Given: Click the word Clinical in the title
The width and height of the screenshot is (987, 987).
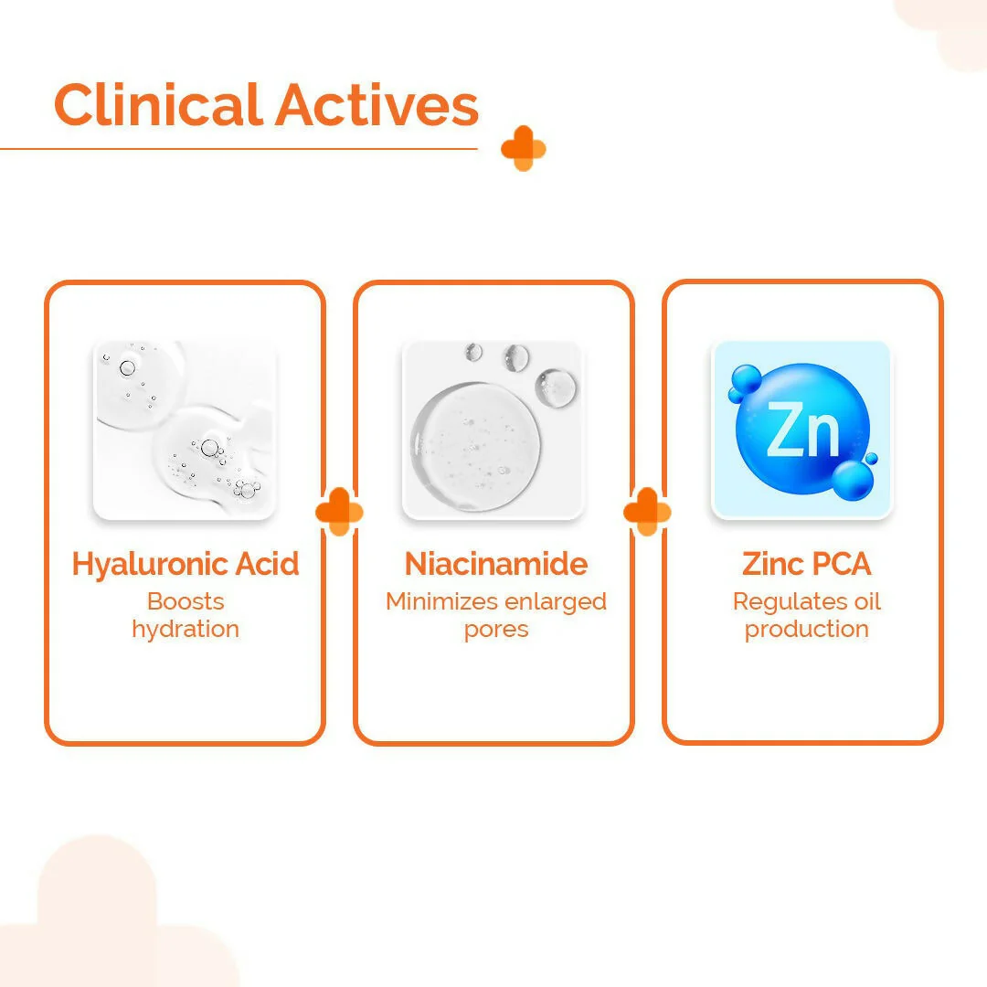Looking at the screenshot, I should click(157, 105).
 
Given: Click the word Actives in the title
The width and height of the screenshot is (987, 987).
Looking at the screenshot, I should click(377, 105).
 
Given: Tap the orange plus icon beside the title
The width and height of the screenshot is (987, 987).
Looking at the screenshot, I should click(523, 148).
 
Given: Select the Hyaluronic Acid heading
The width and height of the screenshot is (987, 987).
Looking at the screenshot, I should click(186, 564).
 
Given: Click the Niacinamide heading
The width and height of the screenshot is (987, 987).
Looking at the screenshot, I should click(496, 564).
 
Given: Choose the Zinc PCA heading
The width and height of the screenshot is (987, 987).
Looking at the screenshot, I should click(806, 564).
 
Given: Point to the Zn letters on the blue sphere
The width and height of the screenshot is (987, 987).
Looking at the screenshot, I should click(802, 429).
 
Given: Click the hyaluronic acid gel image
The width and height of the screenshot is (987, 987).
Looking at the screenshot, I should click(186, 430).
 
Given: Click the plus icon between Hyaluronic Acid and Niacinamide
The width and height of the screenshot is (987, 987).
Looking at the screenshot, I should click(339, 512).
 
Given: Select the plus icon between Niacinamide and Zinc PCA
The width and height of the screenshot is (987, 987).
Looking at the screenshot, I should click(647, 512).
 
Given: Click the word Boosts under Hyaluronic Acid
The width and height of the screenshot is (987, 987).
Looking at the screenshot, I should click(186, 601).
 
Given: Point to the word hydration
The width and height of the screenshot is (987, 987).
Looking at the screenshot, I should click(186, 629).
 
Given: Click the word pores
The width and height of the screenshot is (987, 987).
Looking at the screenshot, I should click(496, 629).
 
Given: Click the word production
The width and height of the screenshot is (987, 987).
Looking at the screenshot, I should click(806, 630).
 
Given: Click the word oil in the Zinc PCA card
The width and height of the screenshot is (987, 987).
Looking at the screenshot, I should click(869, 601).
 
